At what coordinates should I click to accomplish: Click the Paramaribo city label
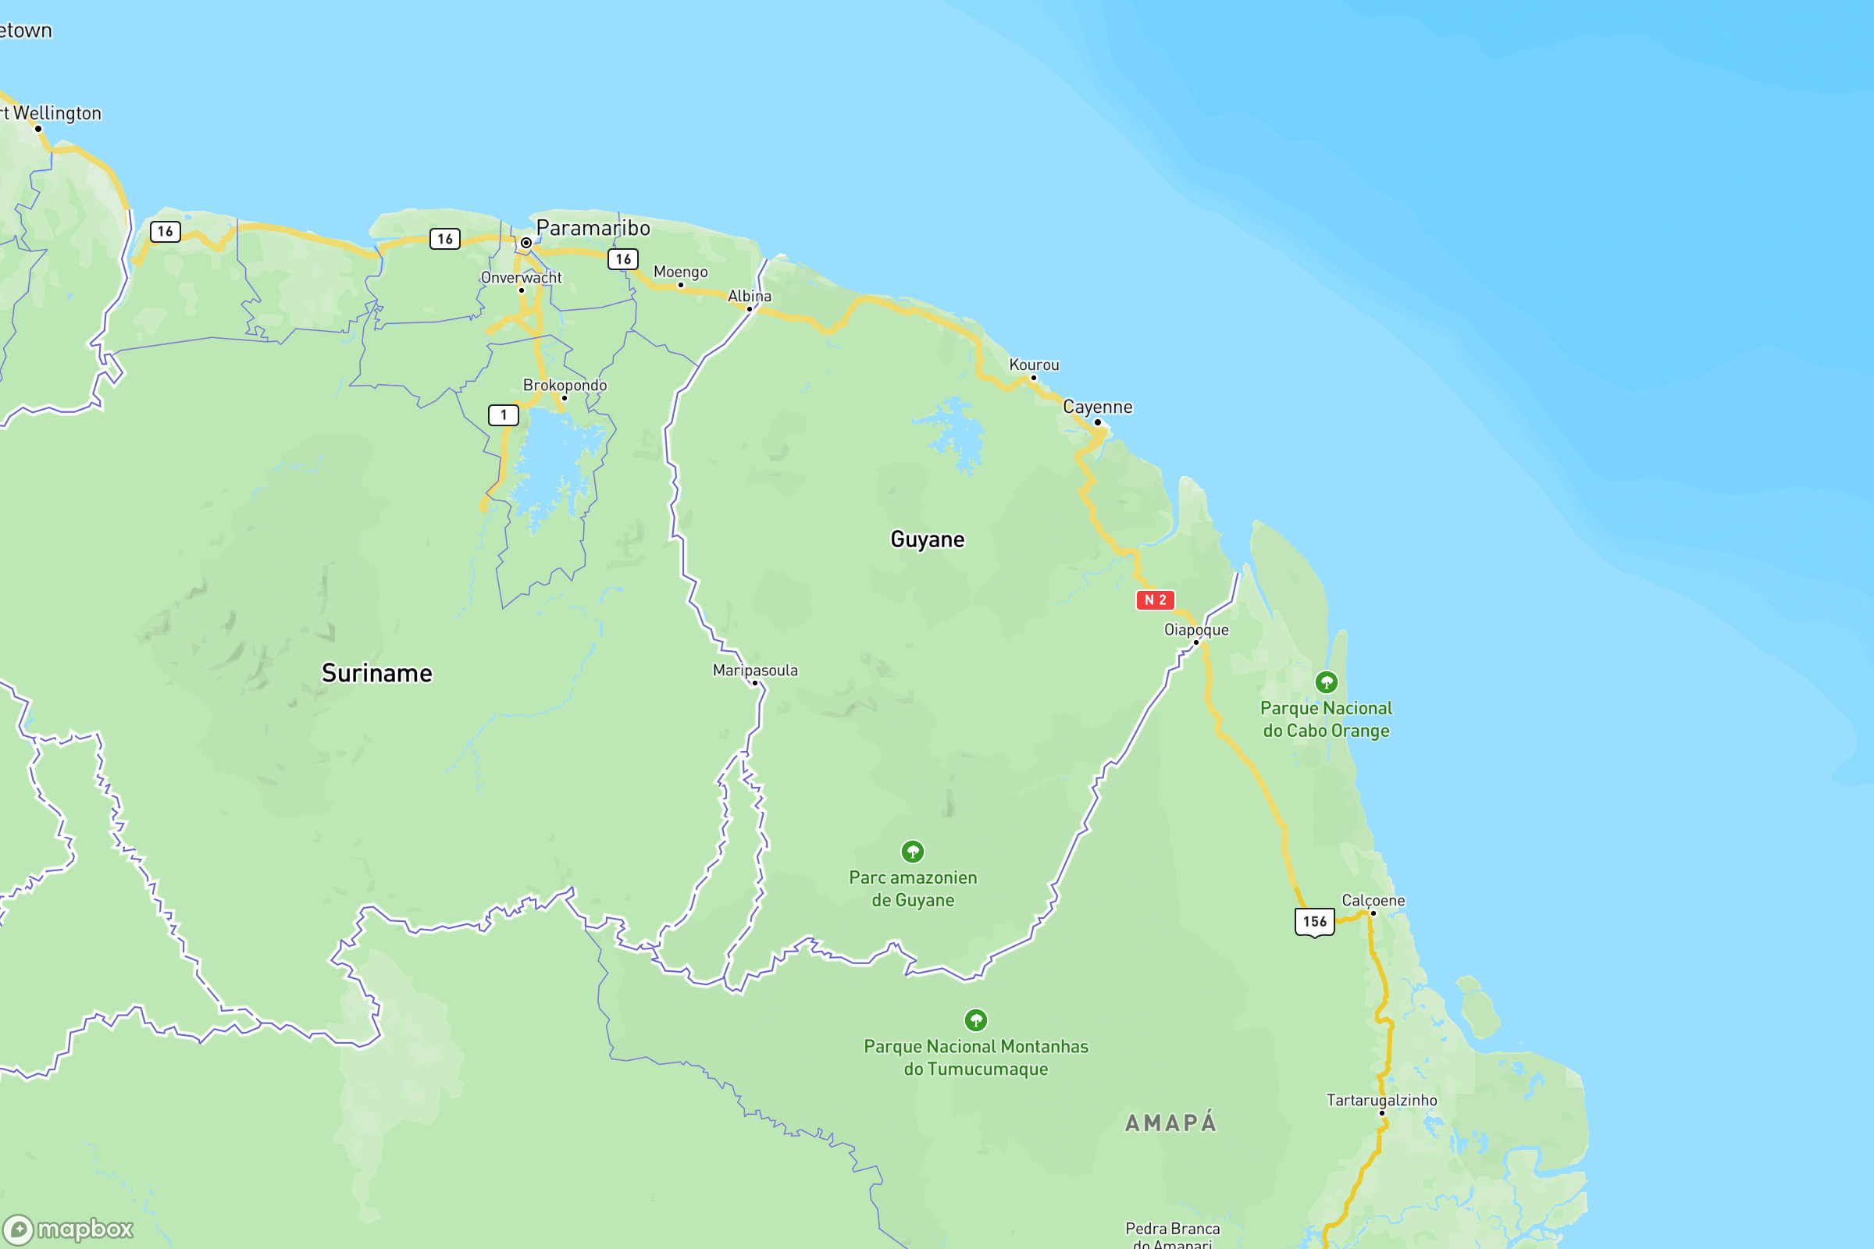[593, 229]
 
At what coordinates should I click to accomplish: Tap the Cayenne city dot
[1097, 422]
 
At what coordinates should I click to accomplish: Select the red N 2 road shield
[1155, 600]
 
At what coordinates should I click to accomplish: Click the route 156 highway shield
[1314, 922]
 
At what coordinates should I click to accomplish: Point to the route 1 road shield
[503, 415]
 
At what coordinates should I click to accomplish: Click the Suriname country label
[377, 673]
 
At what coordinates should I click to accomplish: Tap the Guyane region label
[927, 539]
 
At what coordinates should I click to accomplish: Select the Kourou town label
[1033, 365]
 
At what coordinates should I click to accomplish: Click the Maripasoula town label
[754, 670]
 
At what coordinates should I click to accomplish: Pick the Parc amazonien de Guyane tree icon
[912, 852]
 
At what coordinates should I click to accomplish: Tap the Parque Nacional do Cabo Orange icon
[1326, 681]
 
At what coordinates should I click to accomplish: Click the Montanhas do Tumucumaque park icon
[975, 1019]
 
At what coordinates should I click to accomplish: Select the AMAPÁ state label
[1170, 1123]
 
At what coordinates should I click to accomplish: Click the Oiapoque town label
[1196, 630]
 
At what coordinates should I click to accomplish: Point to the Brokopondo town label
[564, 386]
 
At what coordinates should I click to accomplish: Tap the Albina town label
[749, 297]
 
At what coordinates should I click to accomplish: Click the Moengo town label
[679, 272]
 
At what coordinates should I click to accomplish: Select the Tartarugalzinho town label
[1381, 1100]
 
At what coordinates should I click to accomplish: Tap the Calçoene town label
[1373, 900]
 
